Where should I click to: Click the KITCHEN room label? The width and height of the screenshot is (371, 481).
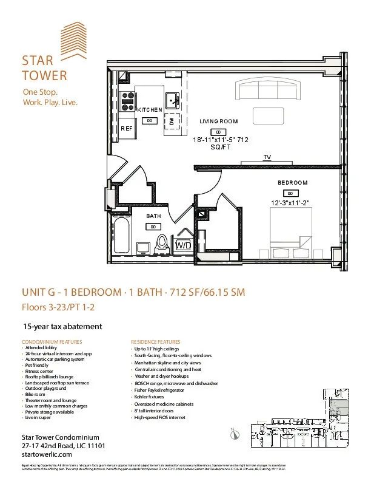pos(149,109)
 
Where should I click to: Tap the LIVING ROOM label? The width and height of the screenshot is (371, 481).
pos(218,121)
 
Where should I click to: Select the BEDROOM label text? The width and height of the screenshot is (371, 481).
pos(292,183)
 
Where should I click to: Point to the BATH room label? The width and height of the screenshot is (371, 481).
pos(153,216)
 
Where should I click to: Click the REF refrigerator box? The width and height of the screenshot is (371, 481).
pos(127,129)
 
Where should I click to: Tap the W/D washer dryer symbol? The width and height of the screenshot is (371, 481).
pos(183,245)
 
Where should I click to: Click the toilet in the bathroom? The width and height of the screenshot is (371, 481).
pos(162,244)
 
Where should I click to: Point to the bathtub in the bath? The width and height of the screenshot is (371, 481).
pos(121,239)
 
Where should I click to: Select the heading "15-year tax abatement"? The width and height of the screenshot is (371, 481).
pos(62,326)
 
